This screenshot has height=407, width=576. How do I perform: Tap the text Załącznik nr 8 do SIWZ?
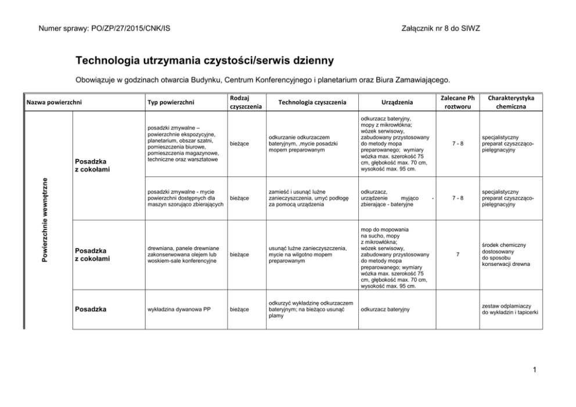tap(440, 28)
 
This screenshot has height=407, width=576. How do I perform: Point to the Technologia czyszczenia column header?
tap(312, 102)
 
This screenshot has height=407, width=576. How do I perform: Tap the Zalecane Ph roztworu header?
tap(458, 102)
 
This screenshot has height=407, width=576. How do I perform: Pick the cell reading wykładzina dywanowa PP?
tap(179, 309)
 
